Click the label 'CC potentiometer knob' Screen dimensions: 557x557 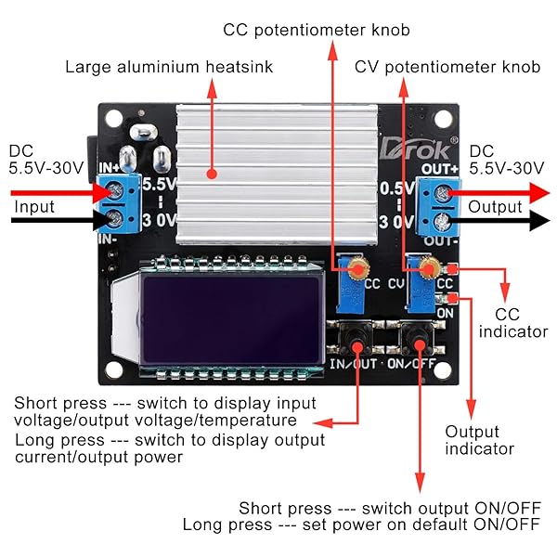317,30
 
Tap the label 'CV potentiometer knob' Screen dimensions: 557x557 447,67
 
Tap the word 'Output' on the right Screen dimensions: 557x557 495,207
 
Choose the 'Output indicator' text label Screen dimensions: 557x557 479,440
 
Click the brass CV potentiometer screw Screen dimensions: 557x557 428,268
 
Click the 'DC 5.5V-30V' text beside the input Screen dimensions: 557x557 45,160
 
